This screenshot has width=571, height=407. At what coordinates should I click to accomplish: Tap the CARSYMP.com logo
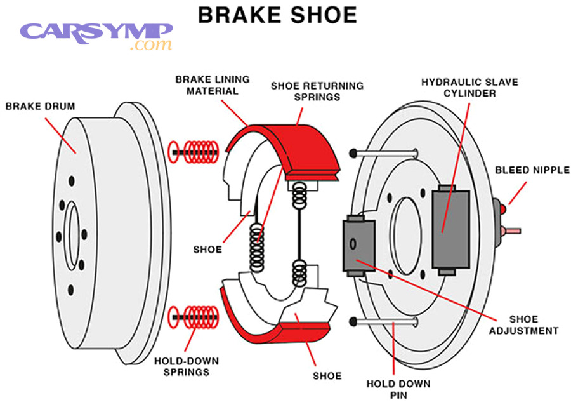coord(96,35)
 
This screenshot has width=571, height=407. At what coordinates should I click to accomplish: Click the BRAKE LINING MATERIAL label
coord(213,85)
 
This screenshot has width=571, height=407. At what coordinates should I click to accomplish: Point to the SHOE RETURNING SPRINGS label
coord(317,90)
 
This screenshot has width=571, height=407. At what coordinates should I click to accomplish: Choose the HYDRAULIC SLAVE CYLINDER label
coord(469,88)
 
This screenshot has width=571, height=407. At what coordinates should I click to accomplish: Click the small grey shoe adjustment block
coord(359,246)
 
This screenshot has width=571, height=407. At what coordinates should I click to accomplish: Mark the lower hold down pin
coord(384,321)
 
